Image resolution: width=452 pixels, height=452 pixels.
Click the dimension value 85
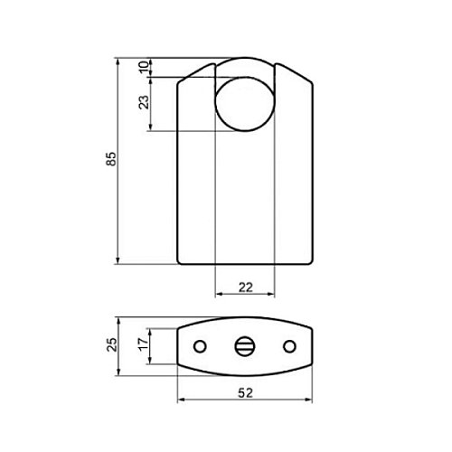tap(111, 158)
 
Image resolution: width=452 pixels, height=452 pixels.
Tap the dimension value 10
tap(144, 67)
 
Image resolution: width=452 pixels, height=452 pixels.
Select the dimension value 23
tap(144, 102)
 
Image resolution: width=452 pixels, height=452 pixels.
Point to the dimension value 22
tap(246, 287)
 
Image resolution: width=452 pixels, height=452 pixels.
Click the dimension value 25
tap(111, 344)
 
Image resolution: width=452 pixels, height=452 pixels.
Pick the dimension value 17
tap(144, 344)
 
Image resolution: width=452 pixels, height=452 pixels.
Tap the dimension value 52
tap(246, 393)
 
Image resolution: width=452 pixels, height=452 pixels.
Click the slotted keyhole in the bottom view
tap(245, 346)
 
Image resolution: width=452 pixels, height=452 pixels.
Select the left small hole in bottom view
tap(200, 346)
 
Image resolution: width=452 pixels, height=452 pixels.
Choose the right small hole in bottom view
tap(289, 346)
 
